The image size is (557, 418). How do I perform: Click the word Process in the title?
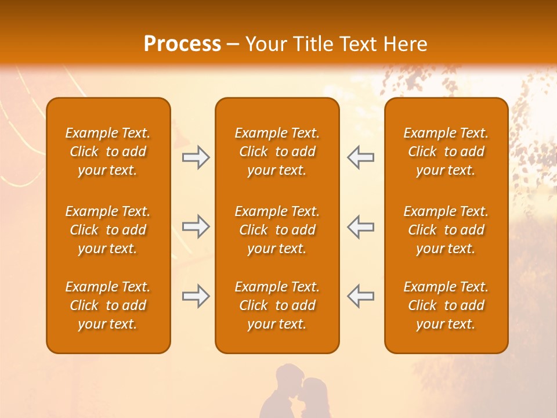click(182, 44)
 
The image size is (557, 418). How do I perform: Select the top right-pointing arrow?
click(196, 157)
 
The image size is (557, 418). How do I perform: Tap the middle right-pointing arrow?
click(196, 226)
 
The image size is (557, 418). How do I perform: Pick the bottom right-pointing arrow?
click(196, 296)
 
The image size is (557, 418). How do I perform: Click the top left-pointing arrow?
click(361, 157)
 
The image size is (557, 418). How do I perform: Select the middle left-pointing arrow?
click(361, 226)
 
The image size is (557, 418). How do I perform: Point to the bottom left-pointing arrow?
click(361, 296)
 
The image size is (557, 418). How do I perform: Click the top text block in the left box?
click(108, 152)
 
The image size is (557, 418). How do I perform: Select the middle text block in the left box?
click(108, 230)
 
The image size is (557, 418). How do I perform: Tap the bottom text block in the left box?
click(108, 305)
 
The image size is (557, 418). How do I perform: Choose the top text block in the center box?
click(277, 152)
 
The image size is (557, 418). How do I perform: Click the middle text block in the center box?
click(277, 230)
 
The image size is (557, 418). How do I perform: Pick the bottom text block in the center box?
click(277, 305)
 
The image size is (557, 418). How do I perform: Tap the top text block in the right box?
click(446, 152)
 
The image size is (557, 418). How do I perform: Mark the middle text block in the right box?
click(446, 230)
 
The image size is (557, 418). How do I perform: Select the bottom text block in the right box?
click(446, 305)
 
